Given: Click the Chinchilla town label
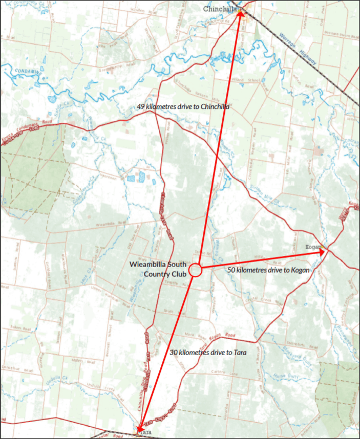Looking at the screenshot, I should (219, 9).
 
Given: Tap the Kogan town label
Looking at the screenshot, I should (312, 247).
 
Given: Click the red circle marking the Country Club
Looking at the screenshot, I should (195, 270).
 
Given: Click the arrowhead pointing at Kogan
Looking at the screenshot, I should (322, 252).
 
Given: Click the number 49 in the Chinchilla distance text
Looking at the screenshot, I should (141, 107).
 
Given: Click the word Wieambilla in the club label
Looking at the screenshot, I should (144, 265).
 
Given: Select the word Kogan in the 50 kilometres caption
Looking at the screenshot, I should (300, 270).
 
